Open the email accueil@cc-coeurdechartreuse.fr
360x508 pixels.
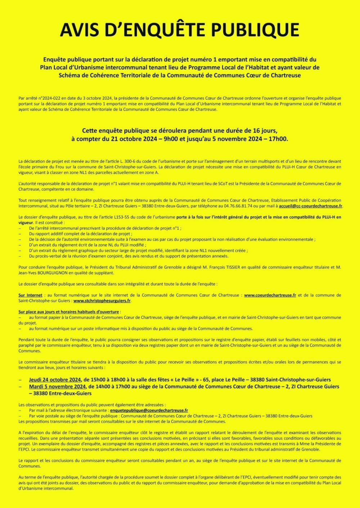(310, 206)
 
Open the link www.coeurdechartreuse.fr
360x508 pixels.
(270, 295)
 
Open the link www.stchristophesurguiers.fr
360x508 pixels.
(102, 301)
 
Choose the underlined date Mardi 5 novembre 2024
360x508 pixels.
(57, 387)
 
